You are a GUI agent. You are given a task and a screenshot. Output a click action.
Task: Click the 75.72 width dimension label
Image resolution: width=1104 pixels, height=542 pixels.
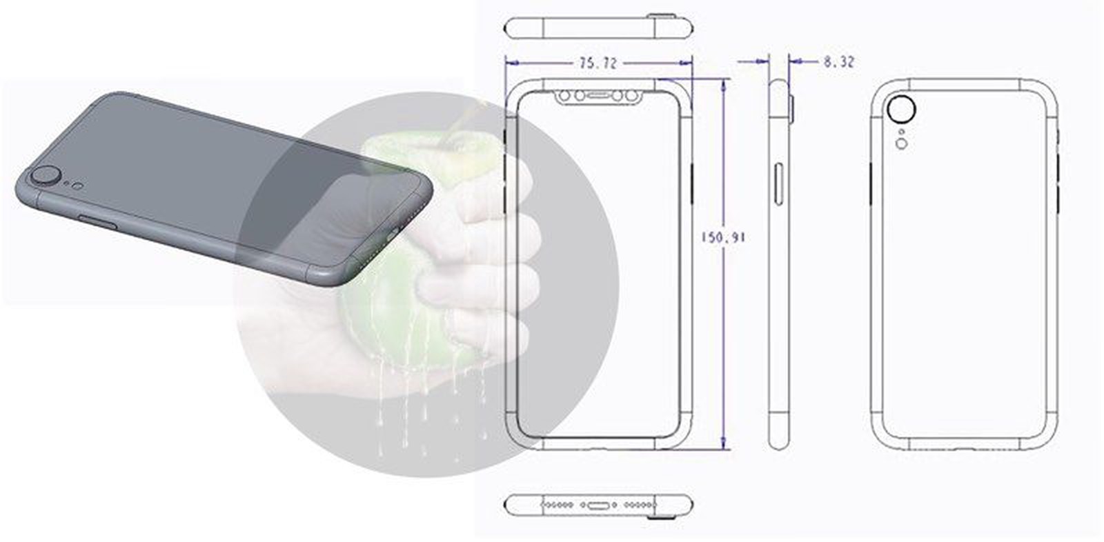598,63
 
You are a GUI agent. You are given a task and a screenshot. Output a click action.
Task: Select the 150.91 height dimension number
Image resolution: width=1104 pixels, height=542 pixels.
723,237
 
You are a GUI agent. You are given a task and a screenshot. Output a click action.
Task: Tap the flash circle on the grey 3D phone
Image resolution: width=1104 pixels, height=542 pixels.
78,185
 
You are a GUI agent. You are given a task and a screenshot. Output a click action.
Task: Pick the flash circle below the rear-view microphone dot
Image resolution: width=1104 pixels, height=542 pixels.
902,143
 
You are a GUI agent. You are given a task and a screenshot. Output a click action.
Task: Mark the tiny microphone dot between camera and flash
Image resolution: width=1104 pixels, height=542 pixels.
902,131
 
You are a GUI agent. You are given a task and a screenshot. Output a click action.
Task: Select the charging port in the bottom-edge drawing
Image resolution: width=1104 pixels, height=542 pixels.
598,505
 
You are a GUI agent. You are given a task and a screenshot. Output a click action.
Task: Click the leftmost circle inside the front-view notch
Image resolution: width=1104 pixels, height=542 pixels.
564,95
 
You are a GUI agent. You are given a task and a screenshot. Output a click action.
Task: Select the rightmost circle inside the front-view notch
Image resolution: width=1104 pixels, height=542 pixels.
633,95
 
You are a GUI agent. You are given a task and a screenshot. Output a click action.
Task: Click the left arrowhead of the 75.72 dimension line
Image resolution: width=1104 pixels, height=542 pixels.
509,63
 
